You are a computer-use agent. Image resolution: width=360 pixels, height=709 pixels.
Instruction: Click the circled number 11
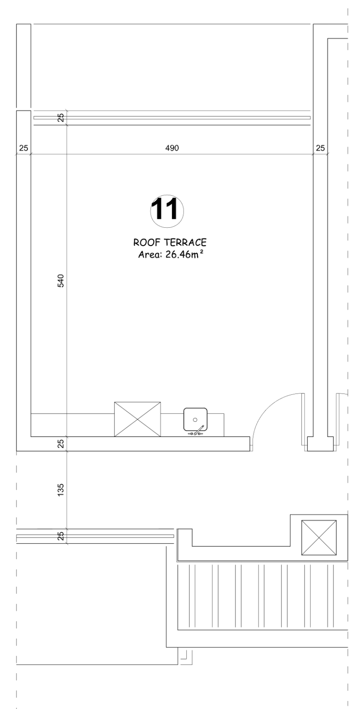(x=167, y=210)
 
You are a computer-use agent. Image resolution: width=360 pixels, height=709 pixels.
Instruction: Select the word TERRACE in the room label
(x=185, y=243)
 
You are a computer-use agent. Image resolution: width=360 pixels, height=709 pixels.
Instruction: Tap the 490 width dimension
(x=172, y=148)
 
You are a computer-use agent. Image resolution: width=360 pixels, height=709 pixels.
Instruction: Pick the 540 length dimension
(x=61, y=281)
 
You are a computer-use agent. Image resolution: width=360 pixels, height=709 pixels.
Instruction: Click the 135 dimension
(x=61, y=489)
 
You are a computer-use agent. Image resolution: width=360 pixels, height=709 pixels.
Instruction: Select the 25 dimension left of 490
(x=24, y=148)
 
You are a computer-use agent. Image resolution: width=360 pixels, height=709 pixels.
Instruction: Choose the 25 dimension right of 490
(x=321, y=148)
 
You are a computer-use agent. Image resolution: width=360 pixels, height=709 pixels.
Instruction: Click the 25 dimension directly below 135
(x=61, y=536)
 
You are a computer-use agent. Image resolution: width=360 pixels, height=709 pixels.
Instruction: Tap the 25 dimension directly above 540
(x=61, y=117)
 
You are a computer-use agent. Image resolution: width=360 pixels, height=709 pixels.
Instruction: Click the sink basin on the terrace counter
(x=196, y=419)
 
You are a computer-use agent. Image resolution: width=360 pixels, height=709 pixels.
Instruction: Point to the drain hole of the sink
(x=195, y=420)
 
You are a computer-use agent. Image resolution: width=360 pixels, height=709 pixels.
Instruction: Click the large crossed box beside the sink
(x=137, y=419)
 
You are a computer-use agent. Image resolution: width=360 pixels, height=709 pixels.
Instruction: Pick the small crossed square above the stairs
(x=319, y=538)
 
